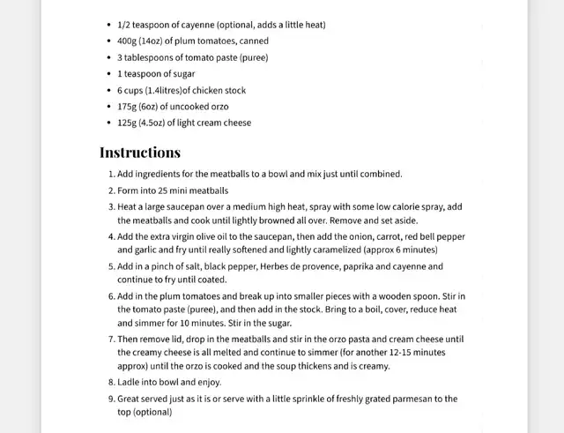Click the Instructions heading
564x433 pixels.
[x=140, y=152]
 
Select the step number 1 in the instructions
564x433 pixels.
[x=110, y=175]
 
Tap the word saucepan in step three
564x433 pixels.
[x=189, y=206]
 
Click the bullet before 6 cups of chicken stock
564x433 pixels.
[x=108, y=91]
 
